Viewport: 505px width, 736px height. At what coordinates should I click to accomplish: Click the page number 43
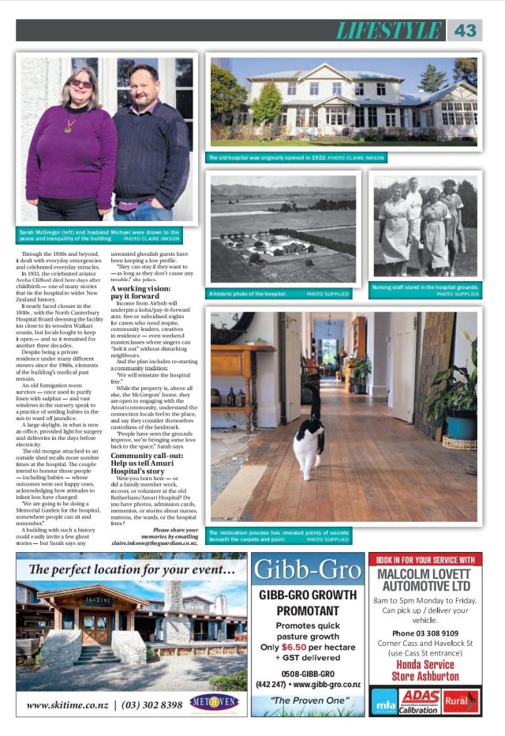(x=466, y=30)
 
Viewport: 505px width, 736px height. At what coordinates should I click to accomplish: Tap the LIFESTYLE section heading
(x=388, y=30)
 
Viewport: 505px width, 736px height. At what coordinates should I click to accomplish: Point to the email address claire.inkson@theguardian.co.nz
(x=154, y=543)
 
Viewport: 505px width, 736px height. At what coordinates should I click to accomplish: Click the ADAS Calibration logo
(x=420, y=700)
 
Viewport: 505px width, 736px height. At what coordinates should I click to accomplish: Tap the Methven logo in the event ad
(x=217, y=703)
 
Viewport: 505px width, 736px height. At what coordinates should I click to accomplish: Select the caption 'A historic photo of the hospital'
(x=248, y=293)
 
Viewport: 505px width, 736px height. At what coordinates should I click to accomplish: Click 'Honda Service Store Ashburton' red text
(x=425, y=670)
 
